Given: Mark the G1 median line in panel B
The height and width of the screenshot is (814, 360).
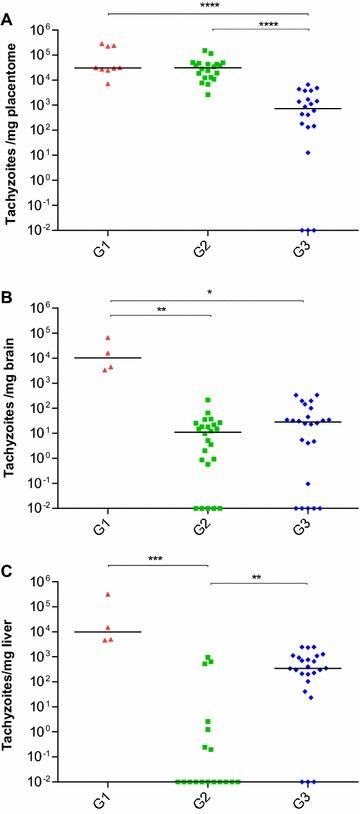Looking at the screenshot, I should [x=108, y=358].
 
